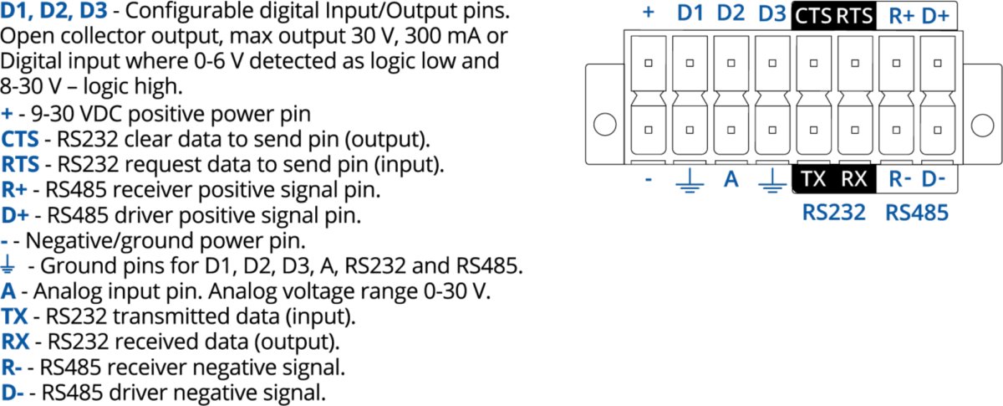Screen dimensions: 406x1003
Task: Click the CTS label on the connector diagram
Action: click(812, 15)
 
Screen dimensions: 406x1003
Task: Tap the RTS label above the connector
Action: click(855, 15)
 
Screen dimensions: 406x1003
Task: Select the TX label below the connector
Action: click(812, 178)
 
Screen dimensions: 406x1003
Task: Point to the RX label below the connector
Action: click(854, 178)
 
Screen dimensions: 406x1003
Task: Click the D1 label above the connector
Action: click(690, 14)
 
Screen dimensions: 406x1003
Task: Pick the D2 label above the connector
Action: click(731, 14)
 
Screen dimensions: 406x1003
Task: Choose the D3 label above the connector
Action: click(772, 14)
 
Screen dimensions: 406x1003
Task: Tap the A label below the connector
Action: click(731, 178)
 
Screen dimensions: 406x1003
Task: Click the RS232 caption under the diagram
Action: click(833, 213)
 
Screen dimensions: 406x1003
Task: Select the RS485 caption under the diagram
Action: click(917, 213)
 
